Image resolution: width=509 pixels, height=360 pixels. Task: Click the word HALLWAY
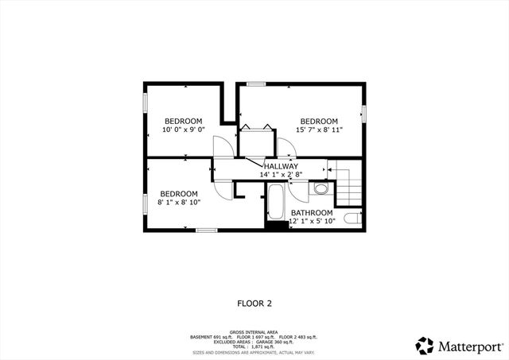pos(275,166)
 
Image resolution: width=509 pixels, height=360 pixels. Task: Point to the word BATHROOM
pos(311,212)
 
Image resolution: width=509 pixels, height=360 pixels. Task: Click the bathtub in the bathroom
pos(275,203)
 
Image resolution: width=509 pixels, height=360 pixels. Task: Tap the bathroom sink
pos(321,188)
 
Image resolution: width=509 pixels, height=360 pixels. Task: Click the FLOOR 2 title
pos(254,303)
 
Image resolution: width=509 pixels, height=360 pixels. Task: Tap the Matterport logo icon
pos(424,346)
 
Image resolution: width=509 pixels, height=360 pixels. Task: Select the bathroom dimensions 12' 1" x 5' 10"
pos(313,221)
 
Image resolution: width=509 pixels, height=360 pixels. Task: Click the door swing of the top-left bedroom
pos(223,146)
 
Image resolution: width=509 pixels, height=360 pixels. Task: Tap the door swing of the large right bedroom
pos(284,148)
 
